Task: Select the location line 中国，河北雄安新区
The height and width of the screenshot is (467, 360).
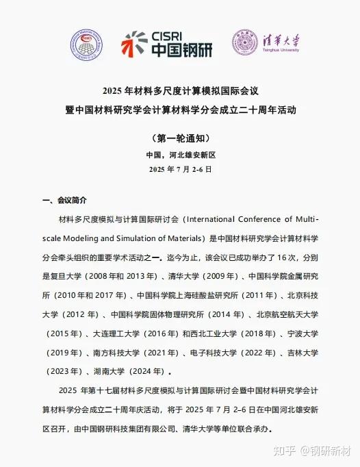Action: coord(180,155)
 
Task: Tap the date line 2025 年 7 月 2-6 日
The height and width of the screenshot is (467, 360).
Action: coord(180,168)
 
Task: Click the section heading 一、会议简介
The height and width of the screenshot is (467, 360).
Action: coord(64,200)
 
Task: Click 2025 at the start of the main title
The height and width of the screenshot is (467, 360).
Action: coord(111,90)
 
